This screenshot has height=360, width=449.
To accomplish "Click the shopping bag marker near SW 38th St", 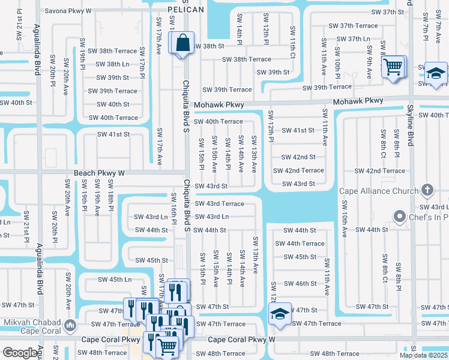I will (182, 43).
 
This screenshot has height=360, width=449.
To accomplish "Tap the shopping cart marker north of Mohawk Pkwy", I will (393, 67).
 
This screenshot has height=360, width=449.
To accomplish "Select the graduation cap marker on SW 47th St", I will (279, 314).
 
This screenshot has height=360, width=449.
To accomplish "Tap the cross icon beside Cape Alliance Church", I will (427, 191).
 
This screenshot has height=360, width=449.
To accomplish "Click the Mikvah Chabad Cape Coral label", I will (33, 327).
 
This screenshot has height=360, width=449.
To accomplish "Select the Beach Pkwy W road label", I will (99, 173).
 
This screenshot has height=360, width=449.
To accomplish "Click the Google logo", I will (20, 353).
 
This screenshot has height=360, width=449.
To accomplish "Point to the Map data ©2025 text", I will (423, 355).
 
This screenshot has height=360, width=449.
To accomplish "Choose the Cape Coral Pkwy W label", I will (241, 340).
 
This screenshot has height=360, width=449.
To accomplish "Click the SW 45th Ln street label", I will (115, 280).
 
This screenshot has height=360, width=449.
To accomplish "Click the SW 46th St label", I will (300, 284).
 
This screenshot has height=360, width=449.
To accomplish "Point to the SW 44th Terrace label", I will (300, 244).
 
